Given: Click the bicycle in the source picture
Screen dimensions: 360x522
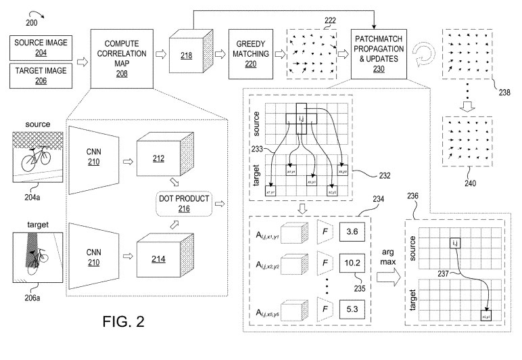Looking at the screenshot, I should pos(35,160).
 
